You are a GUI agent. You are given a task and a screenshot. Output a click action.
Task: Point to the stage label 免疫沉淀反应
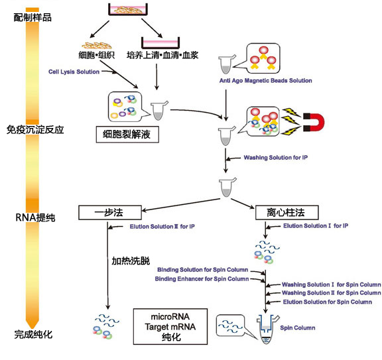tap(35, 129)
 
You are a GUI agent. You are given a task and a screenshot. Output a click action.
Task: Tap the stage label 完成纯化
tap(32, 335)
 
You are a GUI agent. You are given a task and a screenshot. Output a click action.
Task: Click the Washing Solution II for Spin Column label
tap(331, 292)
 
